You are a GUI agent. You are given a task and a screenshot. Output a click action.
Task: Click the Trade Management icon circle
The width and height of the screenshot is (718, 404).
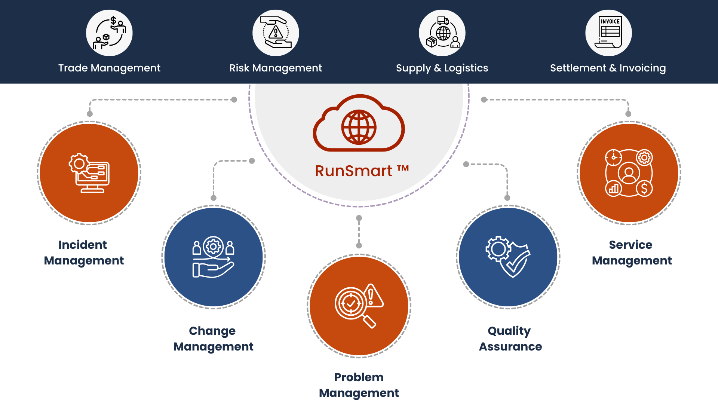[109, 33]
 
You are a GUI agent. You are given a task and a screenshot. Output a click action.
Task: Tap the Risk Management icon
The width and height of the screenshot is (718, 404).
[276, 33]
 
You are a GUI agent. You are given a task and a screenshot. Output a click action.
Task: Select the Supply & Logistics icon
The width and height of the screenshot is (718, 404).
[442, 33]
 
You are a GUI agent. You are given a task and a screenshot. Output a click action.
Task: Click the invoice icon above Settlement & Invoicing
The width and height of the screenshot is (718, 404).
[608, 33]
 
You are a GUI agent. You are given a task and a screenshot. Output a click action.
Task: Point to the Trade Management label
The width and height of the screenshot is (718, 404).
[109, 68]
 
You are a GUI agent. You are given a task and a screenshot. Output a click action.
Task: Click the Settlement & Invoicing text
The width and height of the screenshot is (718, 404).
[608, 68]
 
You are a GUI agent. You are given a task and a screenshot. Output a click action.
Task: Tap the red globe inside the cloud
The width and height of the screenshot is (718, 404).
[359, 127]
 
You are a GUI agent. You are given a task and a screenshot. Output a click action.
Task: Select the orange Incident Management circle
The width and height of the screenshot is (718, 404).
[89, 173]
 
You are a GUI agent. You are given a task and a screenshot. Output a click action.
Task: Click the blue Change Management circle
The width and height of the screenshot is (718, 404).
[214, 257]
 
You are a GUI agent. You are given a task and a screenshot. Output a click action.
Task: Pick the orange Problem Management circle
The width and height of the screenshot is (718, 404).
[359, 306]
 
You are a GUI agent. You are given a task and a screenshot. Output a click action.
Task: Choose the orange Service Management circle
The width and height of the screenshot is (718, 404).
[629, 173]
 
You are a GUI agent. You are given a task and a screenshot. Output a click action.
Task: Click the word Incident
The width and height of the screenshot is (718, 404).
[83, 245]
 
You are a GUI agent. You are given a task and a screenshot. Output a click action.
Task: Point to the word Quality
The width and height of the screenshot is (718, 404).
[509, 331]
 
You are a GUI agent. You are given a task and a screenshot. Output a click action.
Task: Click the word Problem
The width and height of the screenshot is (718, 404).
[359, 377]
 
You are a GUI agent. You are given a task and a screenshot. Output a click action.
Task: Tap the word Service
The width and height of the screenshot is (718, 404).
[630, 245]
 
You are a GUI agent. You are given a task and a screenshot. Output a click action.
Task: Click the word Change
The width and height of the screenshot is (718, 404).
[212, 331]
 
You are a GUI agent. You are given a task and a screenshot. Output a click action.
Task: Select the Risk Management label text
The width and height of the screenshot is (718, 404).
[276, 68]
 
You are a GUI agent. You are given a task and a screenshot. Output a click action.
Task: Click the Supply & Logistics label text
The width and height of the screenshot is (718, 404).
[442, 68]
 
